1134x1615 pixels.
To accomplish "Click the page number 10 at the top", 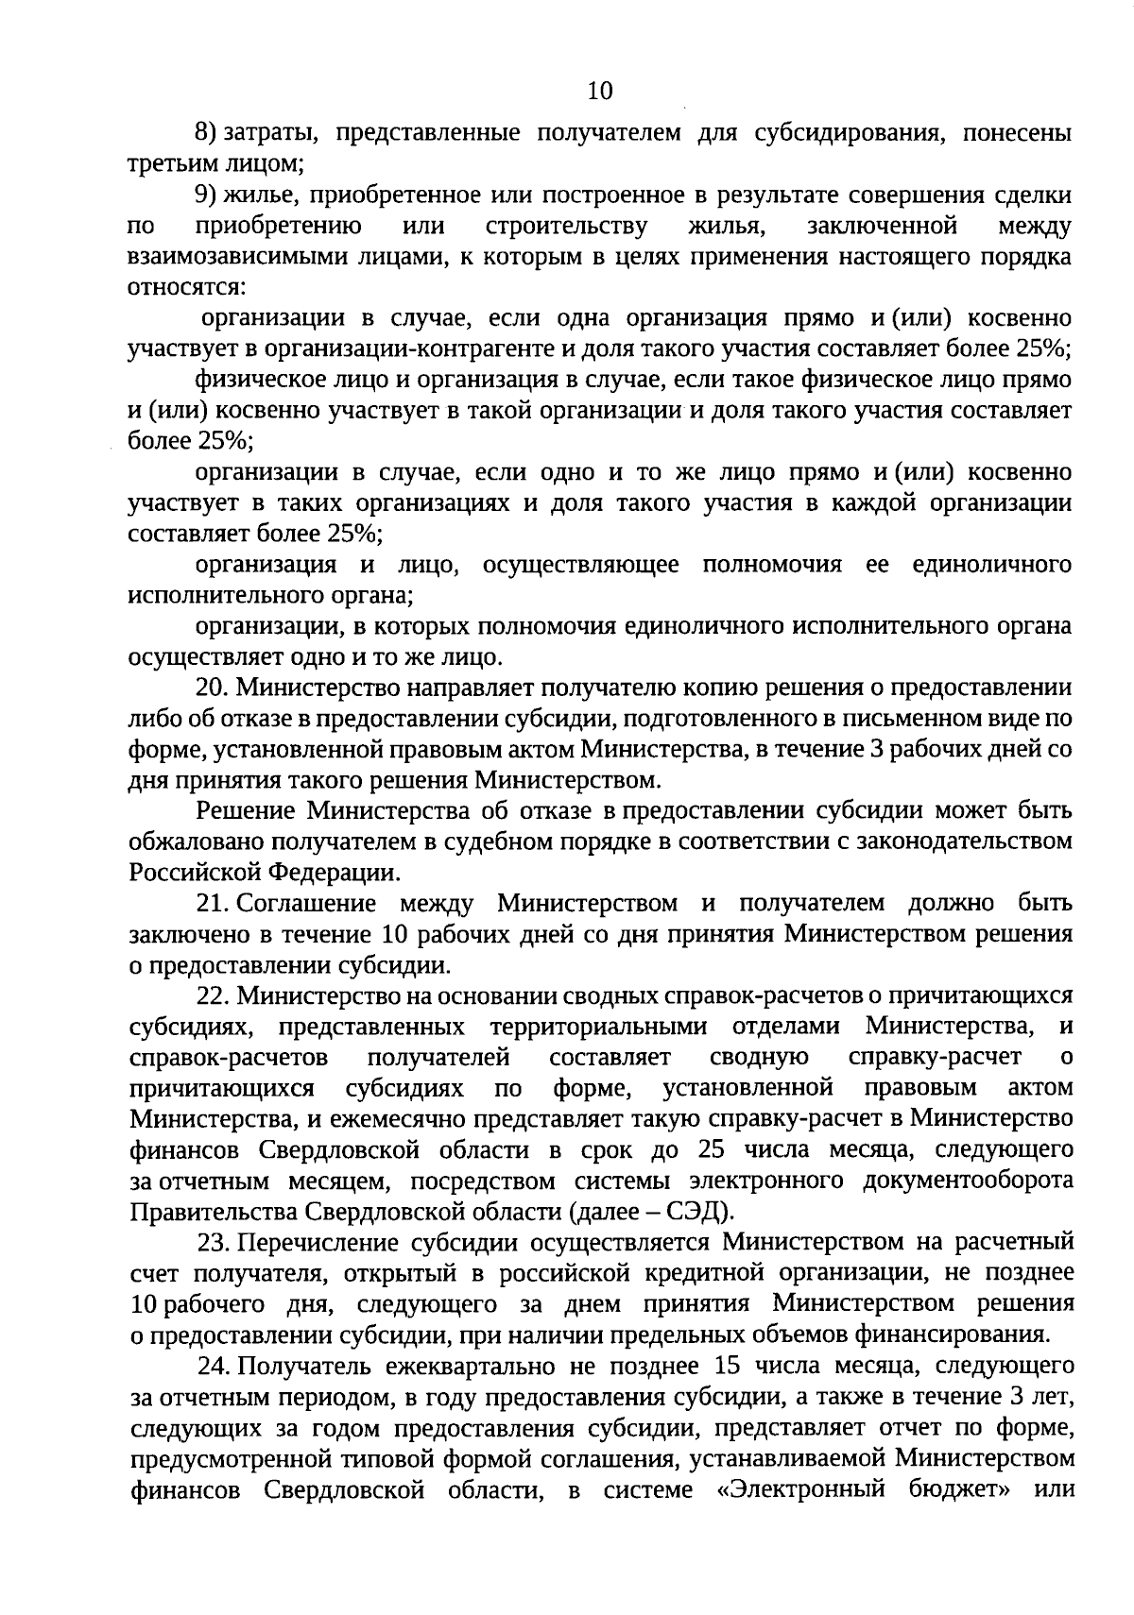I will [599, 91].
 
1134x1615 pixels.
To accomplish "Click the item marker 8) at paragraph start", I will [207, 133].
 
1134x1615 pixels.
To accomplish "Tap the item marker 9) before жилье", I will [207, 195].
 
